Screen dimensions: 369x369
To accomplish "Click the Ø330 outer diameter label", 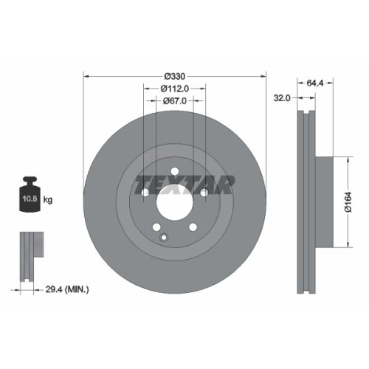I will [174, 76].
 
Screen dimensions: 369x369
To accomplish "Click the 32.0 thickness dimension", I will [280, 96].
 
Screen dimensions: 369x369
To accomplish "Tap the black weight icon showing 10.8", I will [30, 197].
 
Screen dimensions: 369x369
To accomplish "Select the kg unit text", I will [49, 200].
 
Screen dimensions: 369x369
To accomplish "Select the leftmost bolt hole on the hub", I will [145, 193].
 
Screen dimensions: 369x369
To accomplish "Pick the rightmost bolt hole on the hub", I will [204, 193].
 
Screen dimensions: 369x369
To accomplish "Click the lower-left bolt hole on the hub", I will [156, 227].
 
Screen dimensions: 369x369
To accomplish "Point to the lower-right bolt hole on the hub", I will [193, 227].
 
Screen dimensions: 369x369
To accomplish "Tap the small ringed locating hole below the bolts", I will [165, 237].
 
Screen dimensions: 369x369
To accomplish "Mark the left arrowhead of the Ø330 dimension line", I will [86, 76].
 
